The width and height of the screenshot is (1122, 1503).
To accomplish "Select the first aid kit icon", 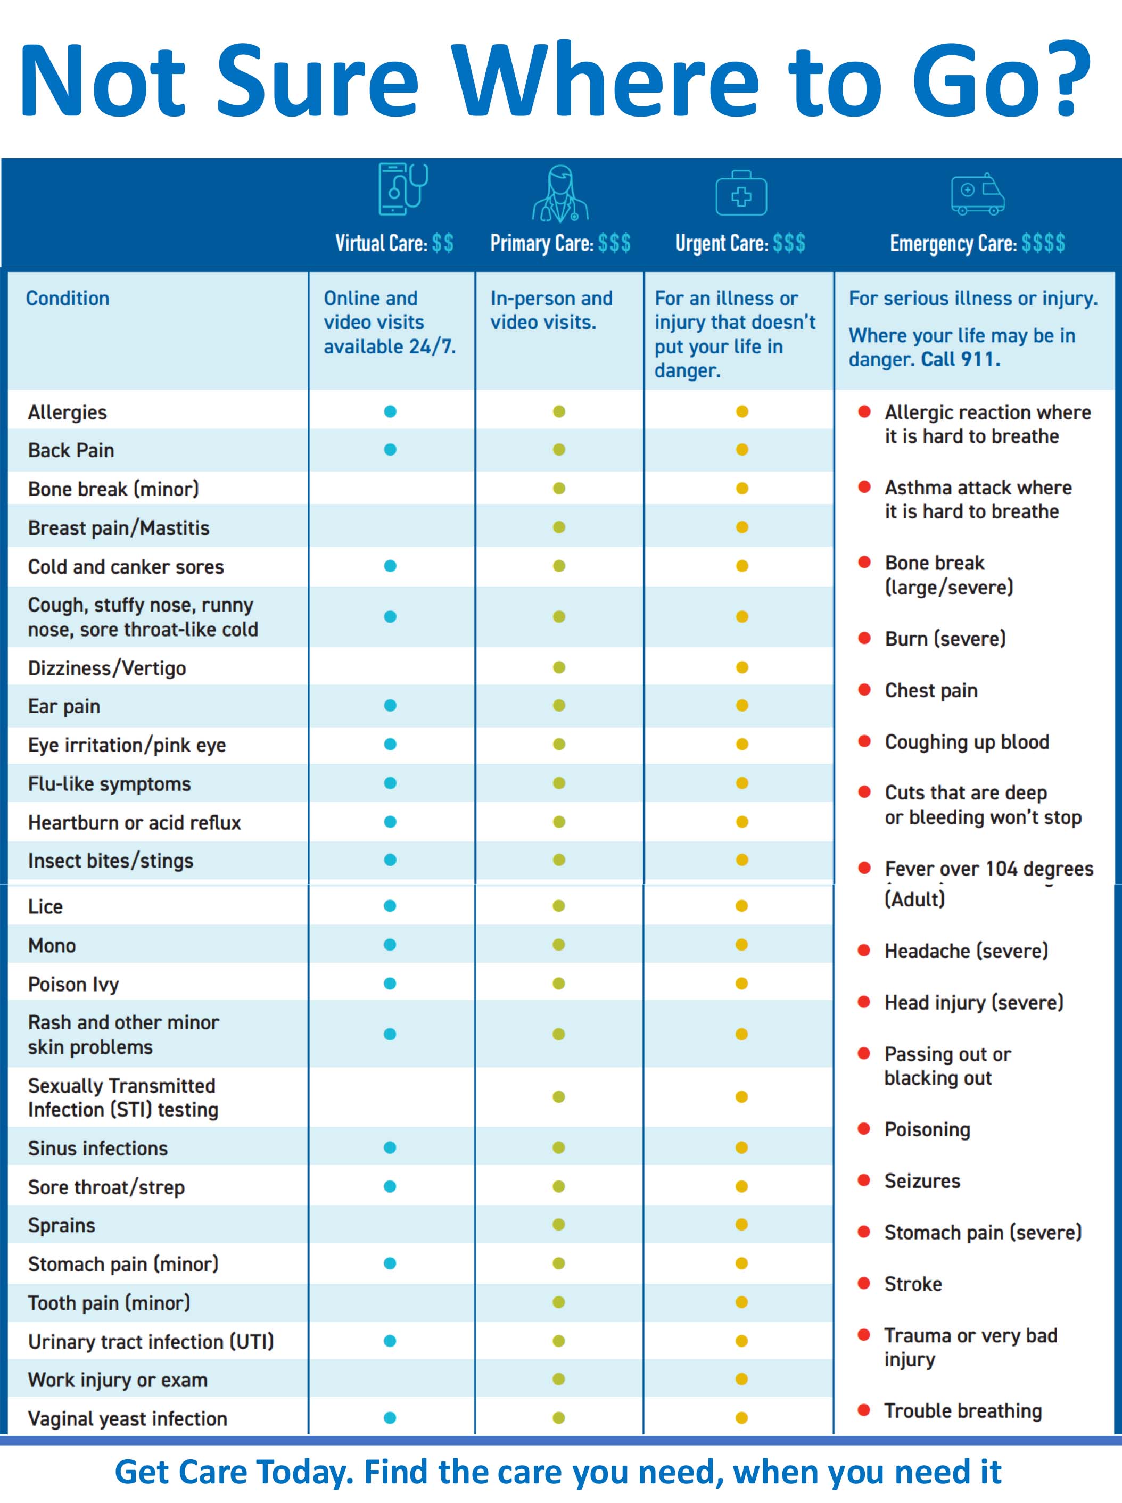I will coord(741,194).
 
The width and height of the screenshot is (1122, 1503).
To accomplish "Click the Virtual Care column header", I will coord(394,243).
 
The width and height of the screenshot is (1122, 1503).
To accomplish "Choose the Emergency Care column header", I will coord(977,243).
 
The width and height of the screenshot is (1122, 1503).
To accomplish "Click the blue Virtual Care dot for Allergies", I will coord(390,411).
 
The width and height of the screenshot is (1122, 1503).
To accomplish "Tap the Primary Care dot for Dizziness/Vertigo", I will coord(559,667).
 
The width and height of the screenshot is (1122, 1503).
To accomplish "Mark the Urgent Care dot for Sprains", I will coord(741,1225).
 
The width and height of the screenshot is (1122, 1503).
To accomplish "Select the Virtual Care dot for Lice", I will coord(390,906).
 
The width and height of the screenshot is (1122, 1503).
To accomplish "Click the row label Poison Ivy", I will coord(73,984).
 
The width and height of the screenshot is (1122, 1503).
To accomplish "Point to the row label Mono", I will coord(52,945).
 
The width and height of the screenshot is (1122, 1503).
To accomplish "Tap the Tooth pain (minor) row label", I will coord(109,1303).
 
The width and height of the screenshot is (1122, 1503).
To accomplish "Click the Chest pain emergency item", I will coord(930,691).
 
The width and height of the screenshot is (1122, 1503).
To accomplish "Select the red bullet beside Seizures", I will coord(864,1180).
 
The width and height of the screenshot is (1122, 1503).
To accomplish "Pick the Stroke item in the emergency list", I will coord(913,1284).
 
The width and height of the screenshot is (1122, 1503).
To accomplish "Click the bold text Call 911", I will coord(960,359).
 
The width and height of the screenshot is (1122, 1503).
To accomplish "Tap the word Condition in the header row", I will coord(67,298).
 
